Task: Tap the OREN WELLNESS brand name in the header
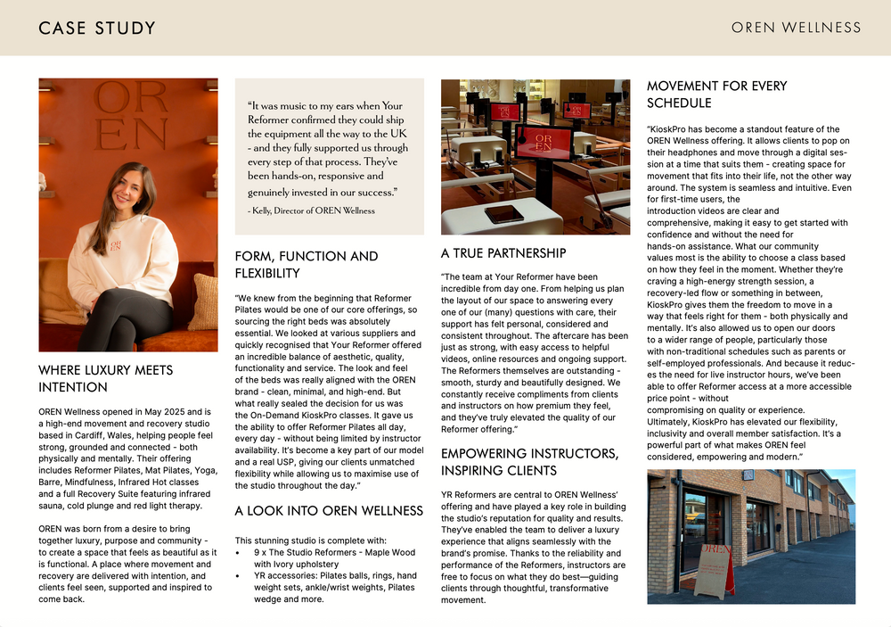[x=796, y=28]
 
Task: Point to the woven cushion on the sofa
[x=204, y=301]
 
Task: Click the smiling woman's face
[x=129, y=189]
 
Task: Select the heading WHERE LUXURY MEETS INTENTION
[x=105, y=378]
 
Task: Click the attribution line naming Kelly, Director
[x=311, y=210]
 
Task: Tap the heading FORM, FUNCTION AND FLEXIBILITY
[x=306, y=264]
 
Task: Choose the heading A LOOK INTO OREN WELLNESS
[x=328, y=511]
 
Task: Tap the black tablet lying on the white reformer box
[x=503, y=213]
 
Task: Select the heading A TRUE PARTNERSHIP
[x=503, y=253]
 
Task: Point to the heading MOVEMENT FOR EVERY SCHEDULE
[x=716, y=95]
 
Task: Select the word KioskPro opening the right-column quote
[x=666, y=129]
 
